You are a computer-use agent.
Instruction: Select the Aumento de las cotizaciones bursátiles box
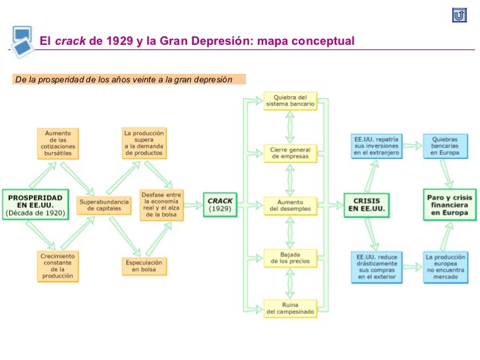coord(58,144)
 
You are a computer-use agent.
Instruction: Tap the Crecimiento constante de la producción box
coord(58,266)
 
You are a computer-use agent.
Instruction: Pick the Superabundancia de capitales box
coord(103,204)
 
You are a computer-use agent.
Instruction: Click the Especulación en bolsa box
coord(144,266)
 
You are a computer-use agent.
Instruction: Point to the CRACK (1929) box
coord(220,204)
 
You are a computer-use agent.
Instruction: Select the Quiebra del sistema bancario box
coord(290,101)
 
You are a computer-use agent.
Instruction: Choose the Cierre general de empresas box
coord(290,153)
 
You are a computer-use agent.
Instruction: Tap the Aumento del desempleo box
coord(290,205)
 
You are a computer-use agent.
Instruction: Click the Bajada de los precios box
coord(290,257)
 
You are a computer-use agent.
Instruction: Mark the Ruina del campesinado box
coord(290,308)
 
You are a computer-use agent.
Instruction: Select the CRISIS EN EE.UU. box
coord(367,205)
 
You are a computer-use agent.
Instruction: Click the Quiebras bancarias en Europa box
coord(446,146)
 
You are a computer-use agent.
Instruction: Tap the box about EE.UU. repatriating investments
coord(375,146)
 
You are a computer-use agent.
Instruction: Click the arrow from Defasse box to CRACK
coord(194,204)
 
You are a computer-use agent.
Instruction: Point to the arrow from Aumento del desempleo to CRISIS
coord(330,205)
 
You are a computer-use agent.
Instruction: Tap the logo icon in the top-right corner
coord(460,15)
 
